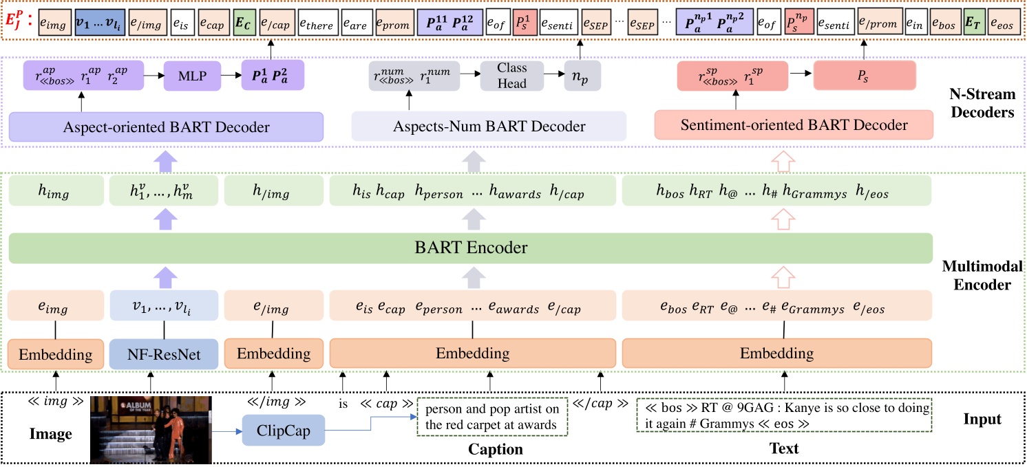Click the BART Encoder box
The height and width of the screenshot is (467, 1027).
click(x=470, y=248)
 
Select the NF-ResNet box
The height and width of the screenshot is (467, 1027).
click(x=163, y=354)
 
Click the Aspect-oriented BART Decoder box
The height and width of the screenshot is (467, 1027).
click(x=166, y=127)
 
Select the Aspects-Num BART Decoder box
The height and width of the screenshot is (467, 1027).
click(x=489, y=127)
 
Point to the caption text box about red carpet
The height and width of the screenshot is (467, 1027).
click(x=491, y=417)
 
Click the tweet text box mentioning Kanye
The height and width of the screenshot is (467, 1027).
click(x=784, y=415)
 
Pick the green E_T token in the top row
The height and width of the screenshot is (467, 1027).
click(x=971, y=25)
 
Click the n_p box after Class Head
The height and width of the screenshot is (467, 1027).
click(x=582, y=76)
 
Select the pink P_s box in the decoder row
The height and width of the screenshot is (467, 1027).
click(x=865, y=76)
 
